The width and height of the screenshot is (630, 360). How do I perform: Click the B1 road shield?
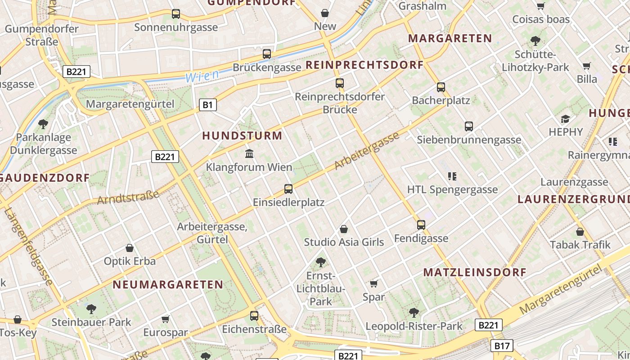coord(207,105)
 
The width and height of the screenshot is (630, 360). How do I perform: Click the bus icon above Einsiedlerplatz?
coord(288,189)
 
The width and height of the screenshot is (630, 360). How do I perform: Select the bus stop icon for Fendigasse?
coord(421,225)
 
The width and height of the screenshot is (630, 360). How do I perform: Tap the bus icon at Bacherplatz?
coord(441,87)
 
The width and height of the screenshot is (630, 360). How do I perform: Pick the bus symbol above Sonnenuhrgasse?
coord(176,14)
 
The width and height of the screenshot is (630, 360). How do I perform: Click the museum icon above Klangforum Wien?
coord(249,154)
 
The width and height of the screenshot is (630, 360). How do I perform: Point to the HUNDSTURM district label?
coord(242,135)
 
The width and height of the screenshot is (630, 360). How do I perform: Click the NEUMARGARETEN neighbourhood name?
coord(168,284)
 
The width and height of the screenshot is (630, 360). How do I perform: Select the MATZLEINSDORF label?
coord(475,272)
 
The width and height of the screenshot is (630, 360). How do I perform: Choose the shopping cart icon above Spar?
coord(373,283)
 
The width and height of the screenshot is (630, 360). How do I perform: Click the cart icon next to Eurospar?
coord(165,319)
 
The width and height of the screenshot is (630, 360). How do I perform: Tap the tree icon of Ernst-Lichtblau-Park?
coord(320,262)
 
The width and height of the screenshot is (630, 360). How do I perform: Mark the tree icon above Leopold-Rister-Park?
coord(414,312)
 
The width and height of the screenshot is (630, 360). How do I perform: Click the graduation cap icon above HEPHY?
coord(565,119)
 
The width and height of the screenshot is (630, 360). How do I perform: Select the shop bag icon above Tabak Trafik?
coord(580,232)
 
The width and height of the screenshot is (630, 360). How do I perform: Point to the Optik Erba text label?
coord(130,261)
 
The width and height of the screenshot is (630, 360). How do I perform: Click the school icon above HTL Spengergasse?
coord(452,176)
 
